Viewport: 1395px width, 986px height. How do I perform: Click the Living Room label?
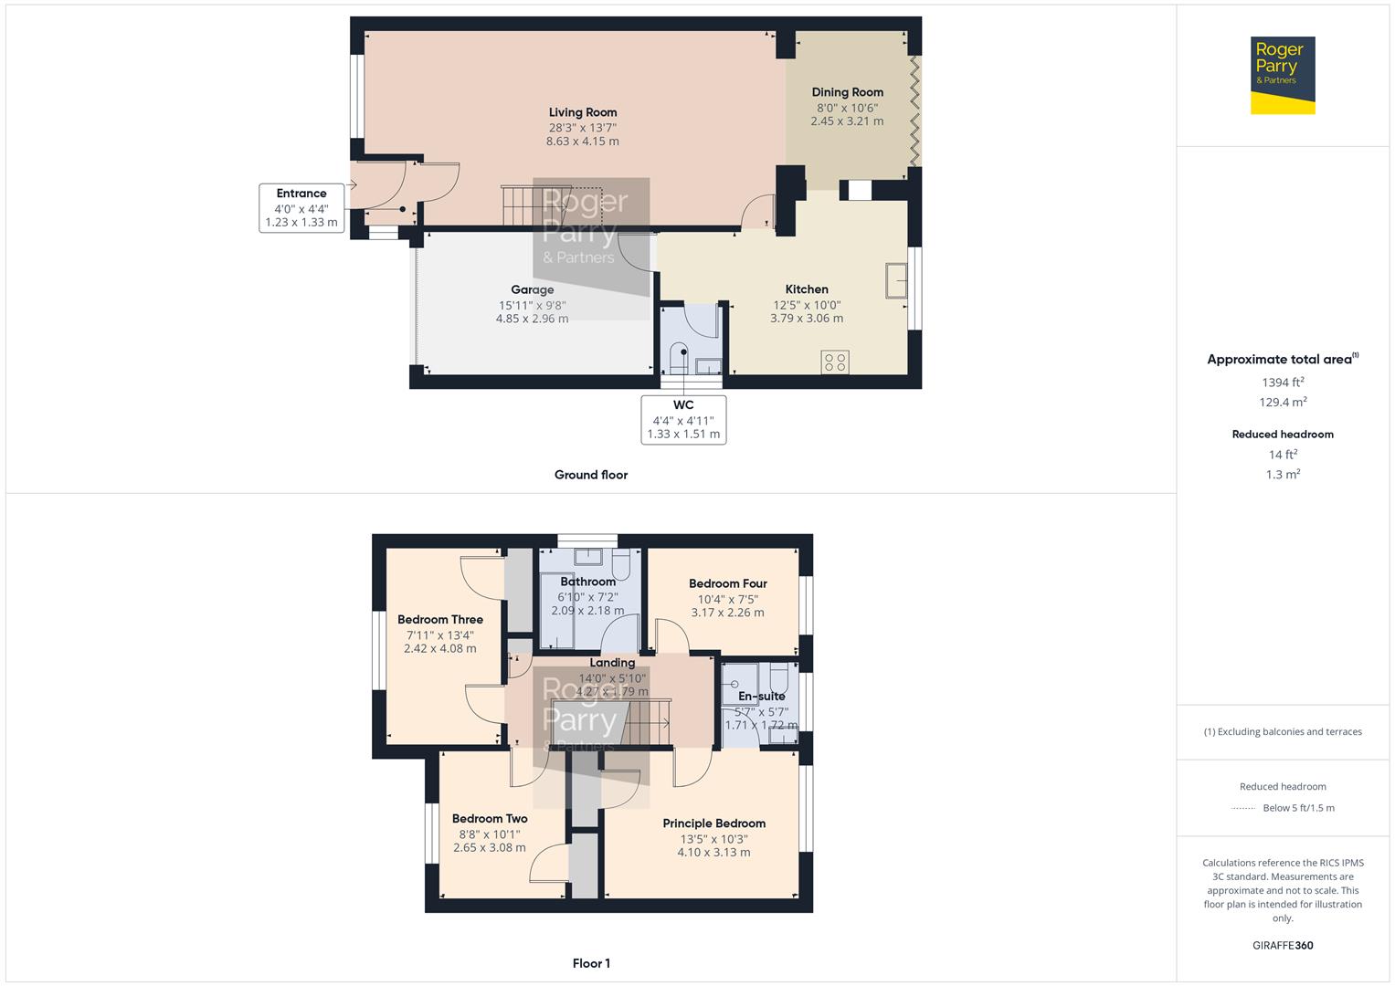(583, 112)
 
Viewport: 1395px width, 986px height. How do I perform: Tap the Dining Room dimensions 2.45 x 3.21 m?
(847, 121)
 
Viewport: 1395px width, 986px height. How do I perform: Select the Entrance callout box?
(301, 207)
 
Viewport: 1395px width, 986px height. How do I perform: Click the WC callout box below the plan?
(683, 420)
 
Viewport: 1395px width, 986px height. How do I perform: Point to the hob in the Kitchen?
(835, 362)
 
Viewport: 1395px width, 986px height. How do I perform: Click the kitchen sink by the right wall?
(895, 280)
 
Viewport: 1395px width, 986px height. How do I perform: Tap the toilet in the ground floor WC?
(679, 358)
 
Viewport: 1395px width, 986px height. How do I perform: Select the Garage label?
(532, 289)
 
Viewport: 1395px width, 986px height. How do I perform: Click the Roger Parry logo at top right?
(1283, 75)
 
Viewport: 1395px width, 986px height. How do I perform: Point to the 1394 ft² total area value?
(1283, 383)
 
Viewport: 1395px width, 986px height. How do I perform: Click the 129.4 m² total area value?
(1283, 403)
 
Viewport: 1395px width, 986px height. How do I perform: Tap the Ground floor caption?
(591, 475)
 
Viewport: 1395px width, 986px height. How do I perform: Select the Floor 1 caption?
(591, 963)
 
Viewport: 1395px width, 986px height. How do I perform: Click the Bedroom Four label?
(727, 583)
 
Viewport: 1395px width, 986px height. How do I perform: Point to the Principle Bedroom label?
(713, 823)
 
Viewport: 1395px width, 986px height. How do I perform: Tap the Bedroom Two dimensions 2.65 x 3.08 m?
(489, 847)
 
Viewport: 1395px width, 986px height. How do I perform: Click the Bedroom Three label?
(439, 619)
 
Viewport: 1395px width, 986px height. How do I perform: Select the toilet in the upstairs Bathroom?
(623, 564)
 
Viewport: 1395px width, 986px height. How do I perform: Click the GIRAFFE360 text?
(1283, 946)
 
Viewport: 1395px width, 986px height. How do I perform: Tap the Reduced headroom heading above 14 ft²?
(1283, 435)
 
